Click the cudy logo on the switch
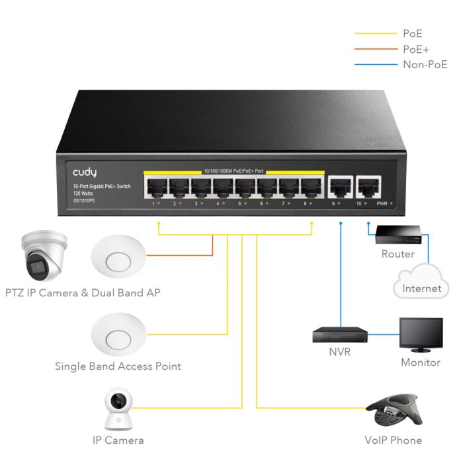point(85,173)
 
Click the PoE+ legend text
point(415,49)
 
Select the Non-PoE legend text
point(425,64)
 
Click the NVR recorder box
point(339,335)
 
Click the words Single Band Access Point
point(118,366)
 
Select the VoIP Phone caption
point(393,440)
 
